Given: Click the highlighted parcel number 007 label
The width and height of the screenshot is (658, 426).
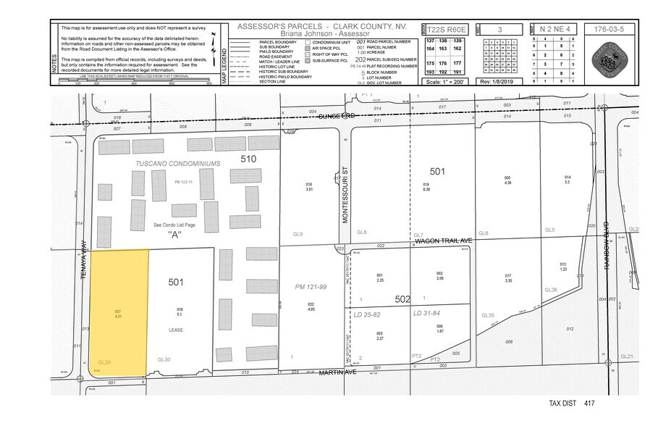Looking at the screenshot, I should pyautogui.click(x=117, y=312).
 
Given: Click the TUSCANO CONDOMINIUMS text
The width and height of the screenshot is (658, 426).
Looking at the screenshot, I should pyautogui.click(x=177, y=164).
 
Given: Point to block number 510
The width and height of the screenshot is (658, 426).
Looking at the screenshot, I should pyautogui.click(x=248, y=158).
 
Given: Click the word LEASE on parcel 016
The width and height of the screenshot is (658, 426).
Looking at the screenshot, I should pyautogui.click(x=177, y=330).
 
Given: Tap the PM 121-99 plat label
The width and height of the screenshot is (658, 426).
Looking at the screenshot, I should pyautogui.click(x=312, y=287).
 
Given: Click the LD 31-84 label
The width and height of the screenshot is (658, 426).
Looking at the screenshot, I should pyautogui.click(x=427, y=313).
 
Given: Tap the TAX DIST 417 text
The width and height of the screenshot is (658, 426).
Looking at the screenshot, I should pyautogui.click(x=572, y=404).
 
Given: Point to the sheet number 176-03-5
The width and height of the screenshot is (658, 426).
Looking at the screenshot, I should pyautogui.click(x=607, y=30).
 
